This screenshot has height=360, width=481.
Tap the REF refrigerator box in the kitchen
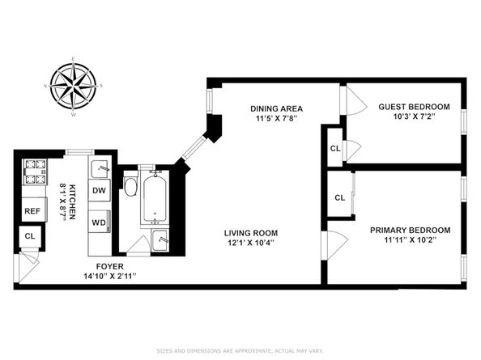32,211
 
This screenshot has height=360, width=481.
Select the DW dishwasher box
100,191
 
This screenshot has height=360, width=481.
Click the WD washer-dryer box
100,222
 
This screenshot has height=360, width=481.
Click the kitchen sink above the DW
100,169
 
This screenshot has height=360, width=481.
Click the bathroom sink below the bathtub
160,239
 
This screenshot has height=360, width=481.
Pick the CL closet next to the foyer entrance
30,236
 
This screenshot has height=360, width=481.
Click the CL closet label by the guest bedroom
334,148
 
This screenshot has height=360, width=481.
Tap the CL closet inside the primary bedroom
340,198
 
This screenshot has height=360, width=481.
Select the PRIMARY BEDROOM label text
410,230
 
